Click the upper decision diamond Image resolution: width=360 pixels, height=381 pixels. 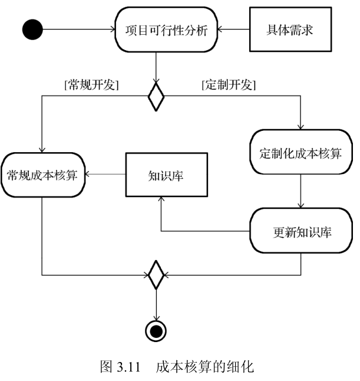point(156,96)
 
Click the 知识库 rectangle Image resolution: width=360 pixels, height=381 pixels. point(166,175)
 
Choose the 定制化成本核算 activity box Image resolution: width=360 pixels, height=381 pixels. point(301,153)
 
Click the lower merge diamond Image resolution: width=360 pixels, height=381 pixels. point(156,274)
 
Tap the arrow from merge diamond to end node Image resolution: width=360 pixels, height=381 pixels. point(156,304)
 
